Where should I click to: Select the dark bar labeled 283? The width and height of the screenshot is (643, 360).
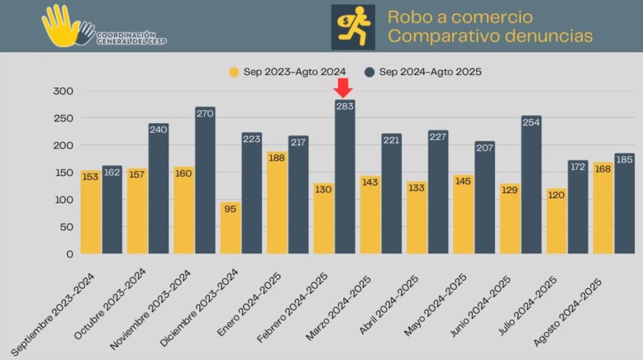pos(345,182)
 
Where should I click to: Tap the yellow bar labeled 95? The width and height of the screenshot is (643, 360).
pos(230,229)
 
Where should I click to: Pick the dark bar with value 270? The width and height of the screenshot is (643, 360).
pos(205,182)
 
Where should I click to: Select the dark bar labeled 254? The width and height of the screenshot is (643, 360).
pos(531,185)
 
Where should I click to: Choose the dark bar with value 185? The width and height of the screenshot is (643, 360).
pos(625,204)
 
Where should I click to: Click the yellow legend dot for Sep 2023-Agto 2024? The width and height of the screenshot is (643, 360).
pos(234,72)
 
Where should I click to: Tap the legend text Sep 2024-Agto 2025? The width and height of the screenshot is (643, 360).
pos(430,72)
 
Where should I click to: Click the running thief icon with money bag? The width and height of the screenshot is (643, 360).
pos(352,26)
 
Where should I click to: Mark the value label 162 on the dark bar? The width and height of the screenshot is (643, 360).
pos(112,172)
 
